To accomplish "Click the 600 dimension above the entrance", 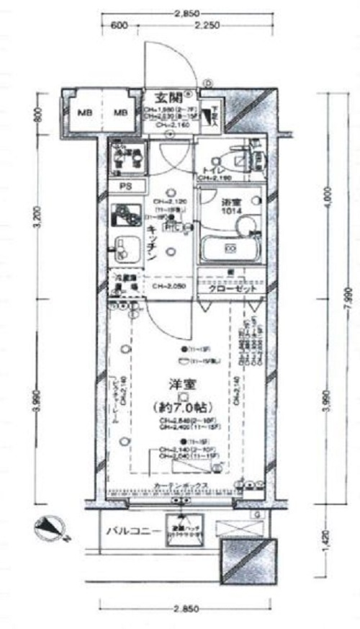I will click(120, 26).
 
